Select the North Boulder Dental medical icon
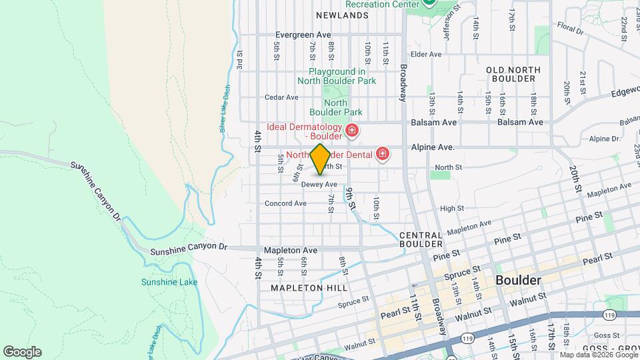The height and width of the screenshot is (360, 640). point(383,155)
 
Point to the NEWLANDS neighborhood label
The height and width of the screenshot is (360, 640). point(342,15)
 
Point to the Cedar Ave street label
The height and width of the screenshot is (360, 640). point(281,97)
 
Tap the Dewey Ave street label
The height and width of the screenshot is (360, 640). point(319,184)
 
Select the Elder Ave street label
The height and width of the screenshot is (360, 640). point(427,54)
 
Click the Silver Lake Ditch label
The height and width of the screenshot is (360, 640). point(225,109)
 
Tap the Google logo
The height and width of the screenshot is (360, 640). point(22,352)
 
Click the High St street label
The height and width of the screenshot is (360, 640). point(451,209)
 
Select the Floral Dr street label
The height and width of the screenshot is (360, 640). point(571,30)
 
